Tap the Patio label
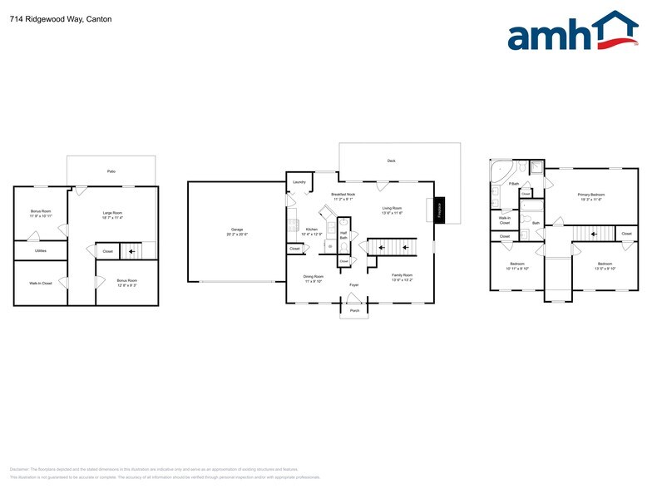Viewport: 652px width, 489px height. click(x=111, y=171)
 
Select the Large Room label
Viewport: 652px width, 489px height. click(x=113, y=213)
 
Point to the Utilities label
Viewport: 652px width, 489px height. click(x=40, y=250)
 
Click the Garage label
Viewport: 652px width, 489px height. click(x=236, y=230)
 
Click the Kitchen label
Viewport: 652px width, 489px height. click(x=311, y=229)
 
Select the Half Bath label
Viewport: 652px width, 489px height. click(x=343, y=235)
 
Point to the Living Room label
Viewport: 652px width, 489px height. click(x=392, y=208)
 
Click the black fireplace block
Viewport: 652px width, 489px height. click(x=440, y=210)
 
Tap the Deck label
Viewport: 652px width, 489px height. click(x=391, y=161)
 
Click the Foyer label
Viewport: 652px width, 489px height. click(x=353, y=284)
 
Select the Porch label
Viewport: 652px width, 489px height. click(x=354, y=310)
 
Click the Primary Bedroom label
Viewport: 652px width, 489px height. click(x=590, y=195)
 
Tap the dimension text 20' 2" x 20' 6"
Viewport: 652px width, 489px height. click(x=236, y=235)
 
